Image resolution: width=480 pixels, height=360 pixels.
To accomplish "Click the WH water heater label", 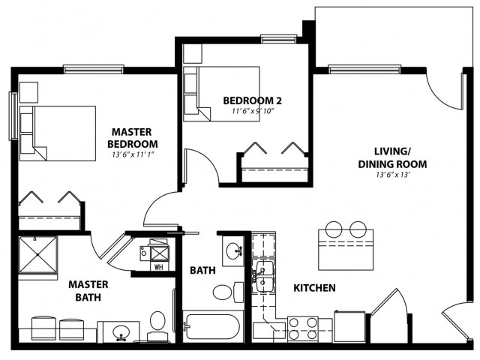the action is click(158, 267).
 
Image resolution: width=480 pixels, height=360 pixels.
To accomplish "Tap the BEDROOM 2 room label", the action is click(252, 100).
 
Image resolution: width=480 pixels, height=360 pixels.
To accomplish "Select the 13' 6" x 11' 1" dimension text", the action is click(133, 154).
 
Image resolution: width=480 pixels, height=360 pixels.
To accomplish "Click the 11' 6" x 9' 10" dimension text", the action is click(252, 110).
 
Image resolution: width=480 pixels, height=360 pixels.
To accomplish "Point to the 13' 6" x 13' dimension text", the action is click(393, 175).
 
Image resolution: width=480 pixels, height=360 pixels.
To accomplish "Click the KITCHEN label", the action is click(314, 288).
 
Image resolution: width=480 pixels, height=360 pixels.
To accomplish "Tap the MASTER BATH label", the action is click(88, 291).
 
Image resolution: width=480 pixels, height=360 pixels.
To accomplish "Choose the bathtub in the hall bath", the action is click(213, 326).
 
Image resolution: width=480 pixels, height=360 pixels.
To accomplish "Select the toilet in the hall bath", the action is click(228, 292).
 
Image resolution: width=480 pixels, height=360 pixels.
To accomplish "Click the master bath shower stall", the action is click(38, 255).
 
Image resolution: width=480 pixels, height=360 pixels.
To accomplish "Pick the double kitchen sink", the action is click(263, 277).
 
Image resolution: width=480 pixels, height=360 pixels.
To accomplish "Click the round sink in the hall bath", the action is click(232, 251).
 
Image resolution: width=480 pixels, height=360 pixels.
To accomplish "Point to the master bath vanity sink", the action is click(121, 331).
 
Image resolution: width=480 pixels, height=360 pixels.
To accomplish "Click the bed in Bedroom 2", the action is click(221, 94).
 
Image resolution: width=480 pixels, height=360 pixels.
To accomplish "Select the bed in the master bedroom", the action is click(58, 133).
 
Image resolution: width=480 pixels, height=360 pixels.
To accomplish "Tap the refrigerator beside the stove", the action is click(349, 327).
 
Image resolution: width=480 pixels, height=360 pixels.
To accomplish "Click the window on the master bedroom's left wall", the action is click(13, 116).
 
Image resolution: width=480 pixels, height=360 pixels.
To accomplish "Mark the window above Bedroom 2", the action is click(279, 39).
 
